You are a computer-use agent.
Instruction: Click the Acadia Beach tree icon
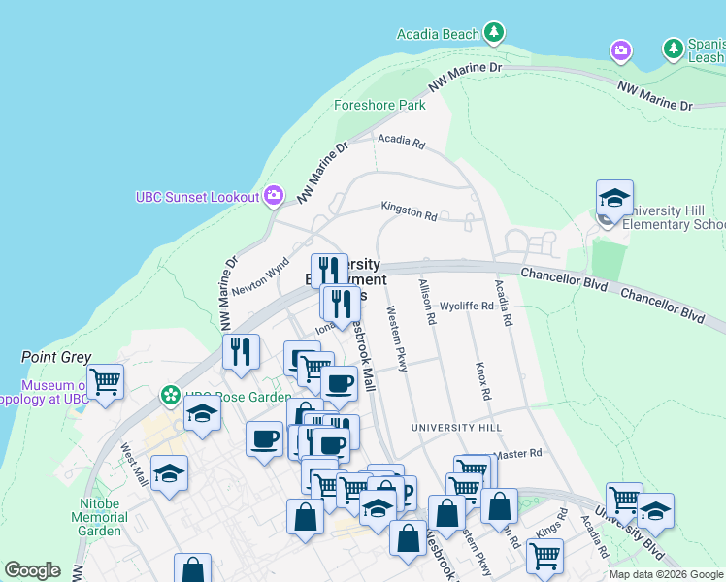495,34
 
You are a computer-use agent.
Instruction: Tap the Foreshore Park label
379,105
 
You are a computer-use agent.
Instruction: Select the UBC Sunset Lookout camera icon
274,197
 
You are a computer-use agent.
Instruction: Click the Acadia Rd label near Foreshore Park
402,142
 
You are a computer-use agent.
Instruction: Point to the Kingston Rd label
409,210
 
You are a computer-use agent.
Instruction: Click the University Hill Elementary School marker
614,200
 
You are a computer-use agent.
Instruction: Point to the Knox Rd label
482,382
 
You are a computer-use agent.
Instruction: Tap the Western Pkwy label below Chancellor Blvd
398,339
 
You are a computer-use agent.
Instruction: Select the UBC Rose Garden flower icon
171,396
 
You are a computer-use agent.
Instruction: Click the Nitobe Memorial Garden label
99,517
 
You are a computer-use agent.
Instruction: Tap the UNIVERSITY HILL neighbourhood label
456,428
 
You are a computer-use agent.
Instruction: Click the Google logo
32,570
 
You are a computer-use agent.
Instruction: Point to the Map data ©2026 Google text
666,574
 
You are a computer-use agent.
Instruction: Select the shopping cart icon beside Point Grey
105,381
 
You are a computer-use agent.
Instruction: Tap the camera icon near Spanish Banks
620,48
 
